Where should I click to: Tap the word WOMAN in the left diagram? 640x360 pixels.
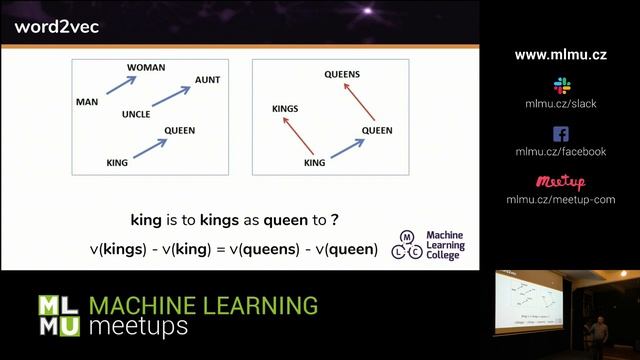[x=145, y=68]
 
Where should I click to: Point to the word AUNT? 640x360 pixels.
[x=208, y=79]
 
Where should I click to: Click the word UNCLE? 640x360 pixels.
[x=135, y=114]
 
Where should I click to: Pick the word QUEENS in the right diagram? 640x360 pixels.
[x=342, y=74]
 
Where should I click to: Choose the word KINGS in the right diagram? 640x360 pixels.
[x=285, y=107]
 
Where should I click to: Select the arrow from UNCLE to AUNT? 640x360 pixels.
[x=170, y=100]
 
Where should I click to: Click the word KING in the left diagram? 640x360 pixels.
[x=118, y=161]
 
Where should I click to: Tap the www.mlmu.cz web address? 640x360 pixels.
[x=560, y=55]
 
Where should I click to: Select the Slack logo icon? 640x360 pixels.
[x=561, y=85]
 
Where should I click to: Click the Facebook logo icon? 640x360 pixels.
[x=560, y=134]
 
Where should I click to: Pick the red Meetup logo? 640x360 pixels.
[x=560, y=182]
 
